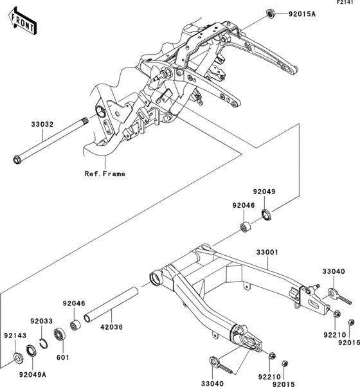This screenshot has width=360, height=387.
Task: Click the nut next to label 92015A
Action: tap(271, 13)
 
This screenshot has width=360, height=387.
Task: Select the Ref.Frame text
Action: tap(104, 174)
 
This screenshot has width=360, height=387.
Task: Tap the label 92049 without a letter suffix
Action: tap(264, 191)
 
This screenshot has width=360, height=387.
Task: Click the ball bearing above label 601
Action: tap(61, 335)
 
